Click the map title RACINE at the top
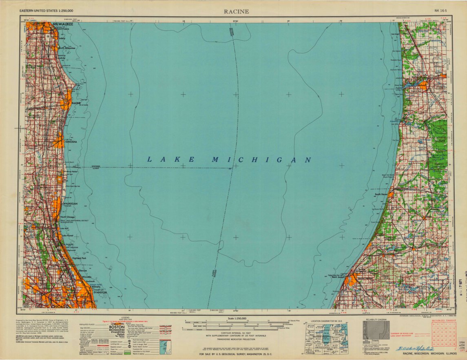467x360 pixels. pos(236,11)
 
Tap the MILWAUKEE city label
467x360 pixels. pos(62,25)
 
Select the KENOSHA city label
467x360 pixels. pos(71,142)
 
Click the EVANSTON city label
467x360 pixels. pos(100,292)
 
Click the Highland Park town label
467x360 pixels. pos(79,258)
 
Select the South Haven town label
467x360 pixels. pos(381,194)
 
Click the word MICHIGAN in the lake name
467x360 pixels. pos(261,160)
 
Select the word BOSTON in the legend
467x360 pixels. pos(120,327)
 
